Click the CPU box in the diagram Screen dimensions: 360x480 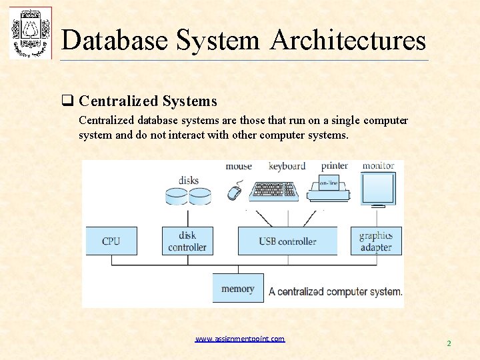[x=111, y=241]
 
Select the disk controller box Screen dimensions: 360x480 [x=187, y=241]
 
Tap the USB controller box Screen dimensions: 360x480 [x=287, y=241]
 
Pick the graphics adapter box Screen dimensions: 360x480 [x=375, y=241]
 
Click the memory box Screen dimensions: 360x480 [x=238, y=288]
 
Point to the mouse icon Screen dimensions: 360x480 [x=234, y=192]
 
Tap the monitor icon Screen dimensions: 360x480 [x=378, y=189]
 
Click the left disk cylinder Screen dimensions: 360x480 [x=176, y=195]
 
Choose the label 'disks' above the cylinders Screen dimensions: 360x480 [x=188, y=180]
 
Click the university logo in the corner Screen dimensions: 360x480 [x=30, y=33]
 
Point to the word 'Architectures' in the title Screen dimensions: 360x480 [x=348, y=40]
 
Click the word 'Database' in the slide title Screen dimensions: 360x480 [x=115, y=40]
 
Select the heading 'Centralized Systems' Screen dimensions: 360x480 [x=148, y=101]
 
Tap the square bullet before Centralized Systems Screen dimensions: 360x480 [x=67, y=101]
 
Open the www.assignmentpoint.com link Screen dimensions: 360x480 [x=240, y=339]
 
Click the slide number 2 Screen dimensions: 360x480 [x=449, y=343]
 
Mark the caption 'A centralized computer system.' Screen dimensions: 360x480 [x=335, y=291]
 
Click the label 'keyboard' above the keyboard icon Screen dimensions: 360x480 [x=287, y=166]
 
